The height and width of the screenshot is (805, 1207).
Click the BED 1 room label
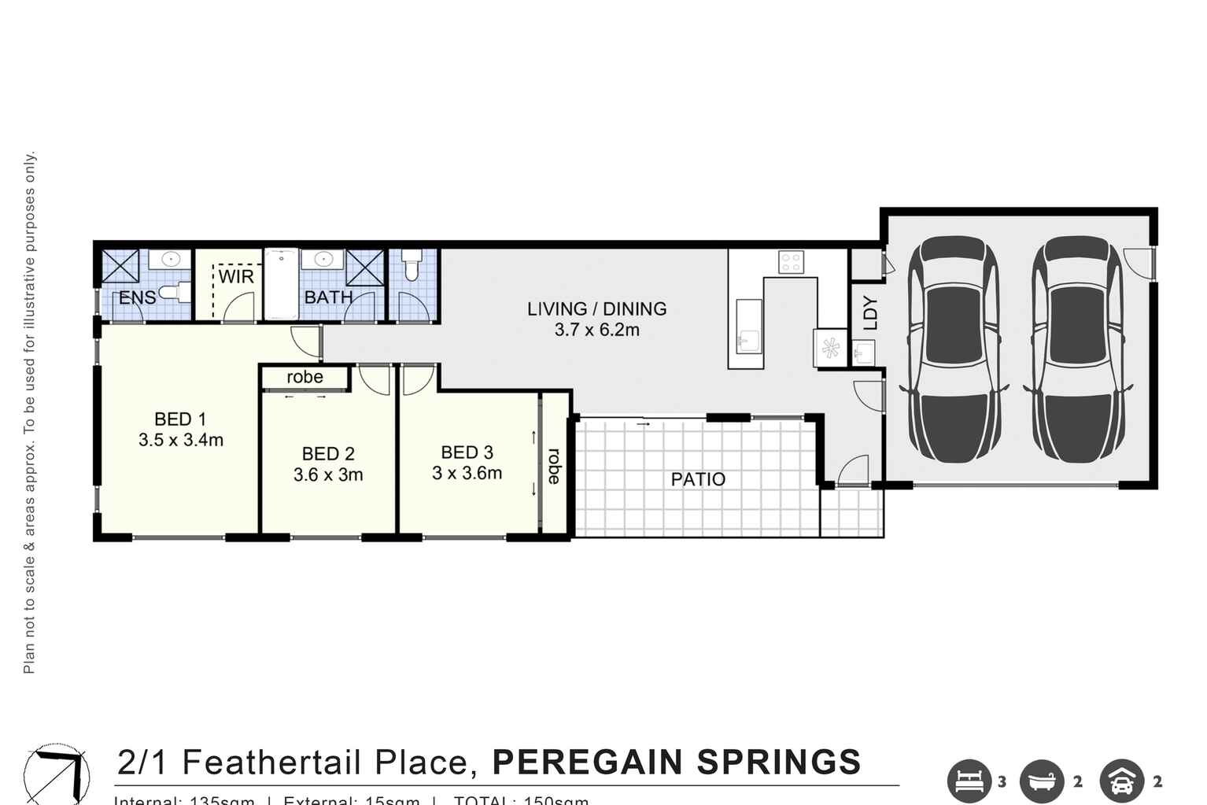(x=180, y=419)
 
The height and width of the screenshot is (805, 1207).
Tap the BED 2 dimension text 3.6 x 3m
(x=328, y=475)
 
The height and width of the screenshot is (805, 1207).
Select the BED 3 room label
(x=467, y=452)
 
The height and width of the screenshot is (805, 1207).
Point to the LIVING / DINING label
(x=596, y=309)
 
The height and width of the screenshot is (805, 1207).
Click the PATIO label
(x=698, y=479)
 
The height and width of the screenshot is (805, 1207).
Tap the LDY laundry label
(x=869, y=312)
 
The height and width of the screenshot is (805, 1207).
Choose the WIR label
(x=236, y=277)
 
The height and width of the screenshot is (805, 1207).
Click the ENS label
(x=137, y=298)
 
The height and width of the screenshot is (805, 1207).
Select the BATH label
(x=328, y=297)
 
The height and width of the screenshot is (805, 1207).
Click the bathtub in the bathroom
(x=280, y=284)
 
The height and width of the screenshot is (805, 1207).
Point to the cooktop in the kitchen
(x=790, y=262)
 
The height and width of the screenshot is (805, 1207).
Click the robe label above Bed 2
(x=305, y=377)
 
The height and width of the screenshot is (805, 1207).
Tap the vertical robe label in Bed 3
(x=554, y=466)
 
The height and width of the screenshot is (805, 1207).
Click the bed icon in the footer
(x=968, y=781)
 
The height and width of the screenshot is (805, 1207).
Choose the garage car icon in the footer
(x=1121, y=781)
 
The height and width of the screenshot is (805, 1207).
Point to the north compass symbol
(x=55, y=773)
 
